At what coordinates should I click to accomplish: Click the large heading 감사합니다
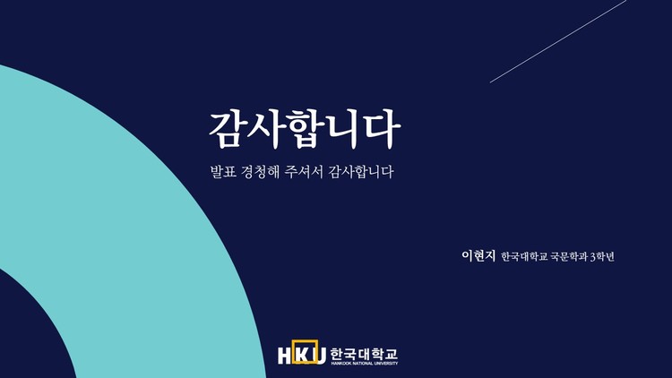(x=305, y=131)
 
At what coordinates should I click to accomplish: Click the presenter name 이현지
(x=478, y=256)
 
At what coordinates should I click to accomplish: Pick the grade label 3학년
(x=601, y=257)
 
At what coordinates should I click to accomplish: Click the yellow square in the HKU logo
(x=303, y=353)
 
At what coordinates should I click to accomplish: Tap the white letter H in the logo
(x=285, y=354)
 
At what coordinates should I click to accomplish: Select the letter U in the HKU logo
(x=320, y=354)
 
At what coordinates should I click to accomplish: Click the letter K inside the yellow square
(x=303, y=354)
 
